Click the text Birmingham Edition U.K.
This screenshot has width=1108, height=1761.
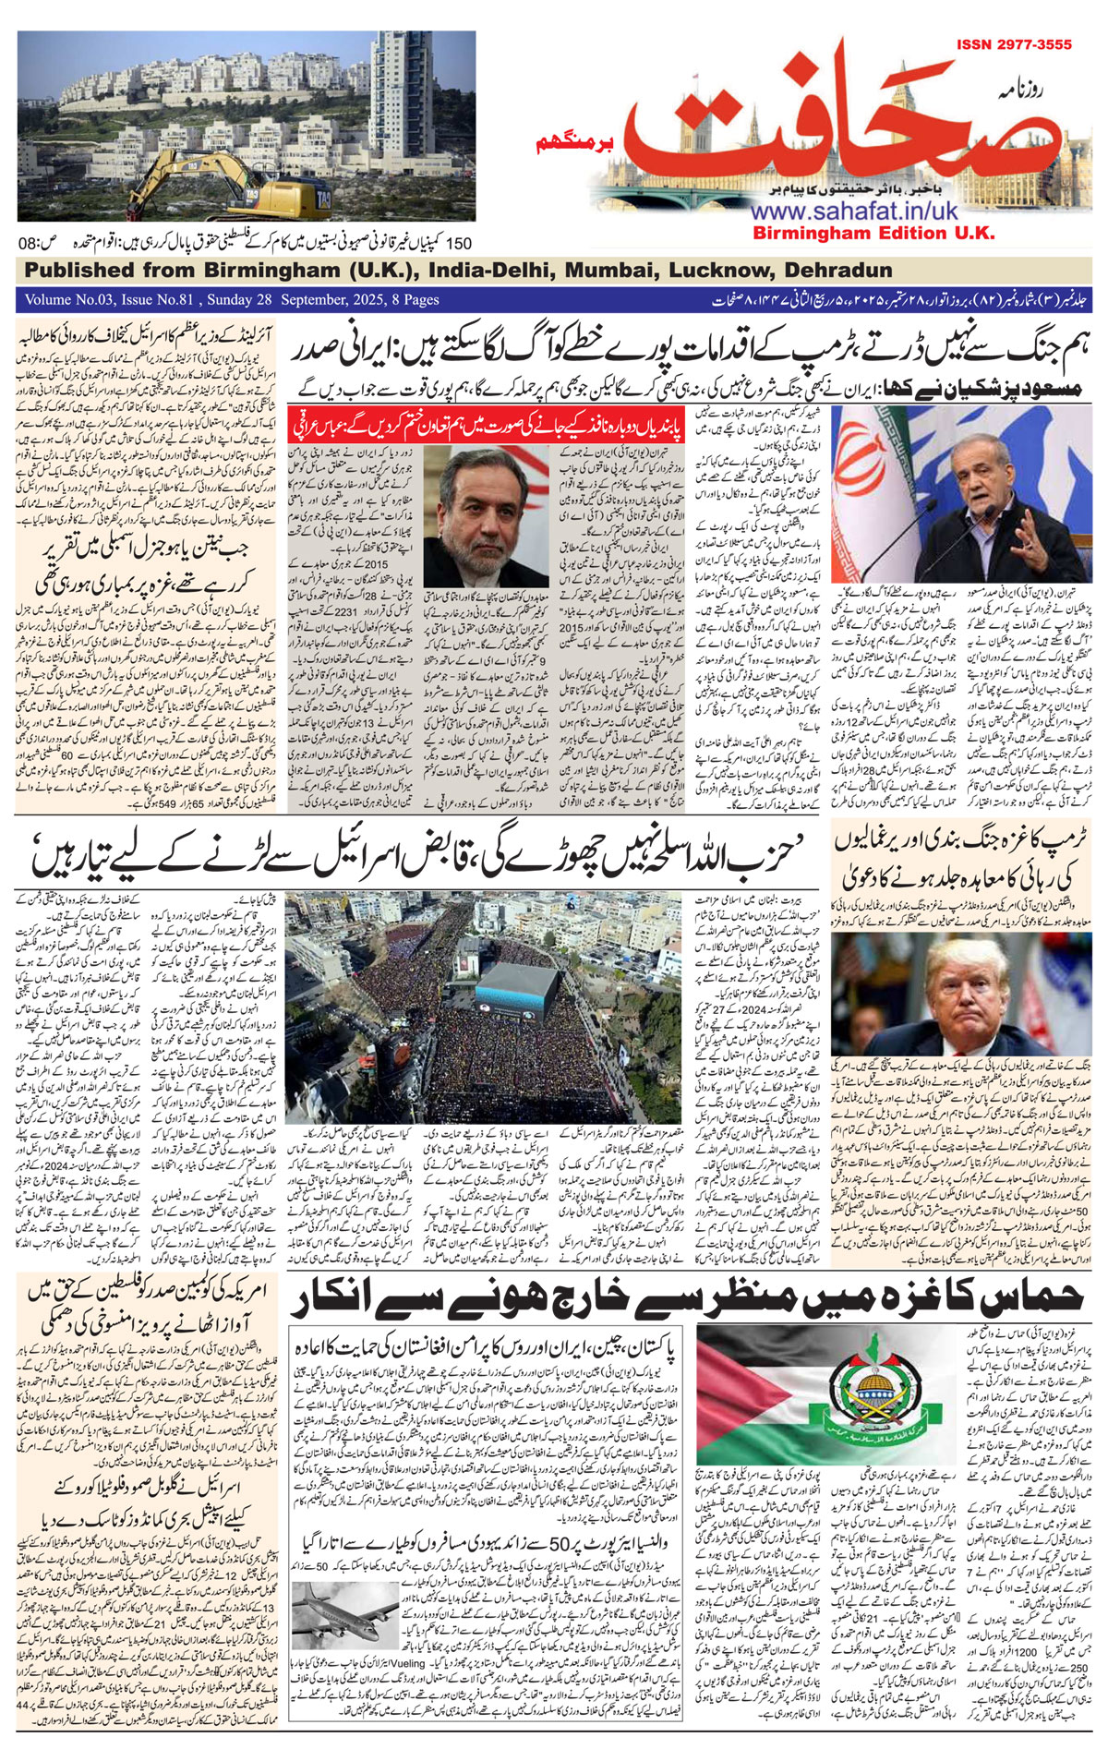click(873, 233)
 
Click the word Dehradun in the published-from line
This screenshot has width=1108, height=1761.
click(837, 271)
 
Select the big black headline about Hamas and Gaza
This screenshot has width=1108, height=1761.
click(683, 1299)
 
